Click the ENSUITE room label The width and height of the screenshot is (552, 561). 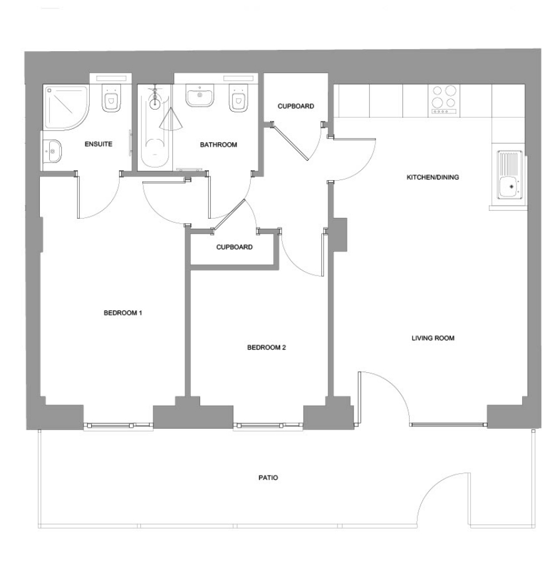point(99,144)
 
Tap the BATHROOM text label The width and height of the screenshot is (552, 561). point(218,145)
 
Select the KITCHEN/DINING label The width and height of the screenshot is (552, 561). point(433,177)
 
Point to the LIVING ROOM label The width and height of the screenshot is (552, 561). point(433,338)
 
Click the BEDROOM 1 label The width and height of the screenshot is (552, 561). point(123,313)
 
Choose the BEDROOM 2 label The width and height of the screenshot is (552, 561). point(267,347)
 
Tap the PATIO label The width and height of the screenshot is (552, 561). point(268,477)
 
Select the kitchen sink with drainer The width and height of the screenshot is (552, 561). point(510,175)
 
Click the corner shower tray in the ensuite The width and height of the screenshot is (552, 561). point(66,108)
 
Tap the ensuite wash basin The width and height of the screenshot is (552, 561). point(52,151)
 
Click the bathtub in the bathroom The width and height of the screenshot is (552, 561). point(155,127)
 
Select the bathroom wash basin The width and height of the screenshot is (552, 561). point(200,95)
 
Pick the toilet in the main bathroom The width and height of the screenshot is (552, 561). point(239,98)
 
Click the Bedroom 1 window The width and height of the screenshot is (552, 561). point(119,426)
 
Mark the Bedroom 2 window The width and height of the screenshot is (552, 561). point(268,426)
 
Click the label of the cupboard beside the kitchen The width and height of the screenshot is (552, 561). point(296,106)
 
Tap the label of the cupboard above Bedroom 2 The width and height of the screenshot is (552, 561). point(235,247)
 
